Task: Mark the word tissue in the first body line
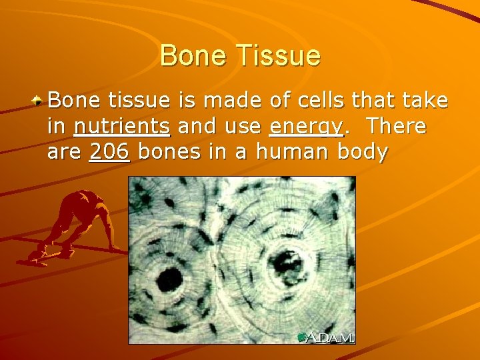click(139, 101)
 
